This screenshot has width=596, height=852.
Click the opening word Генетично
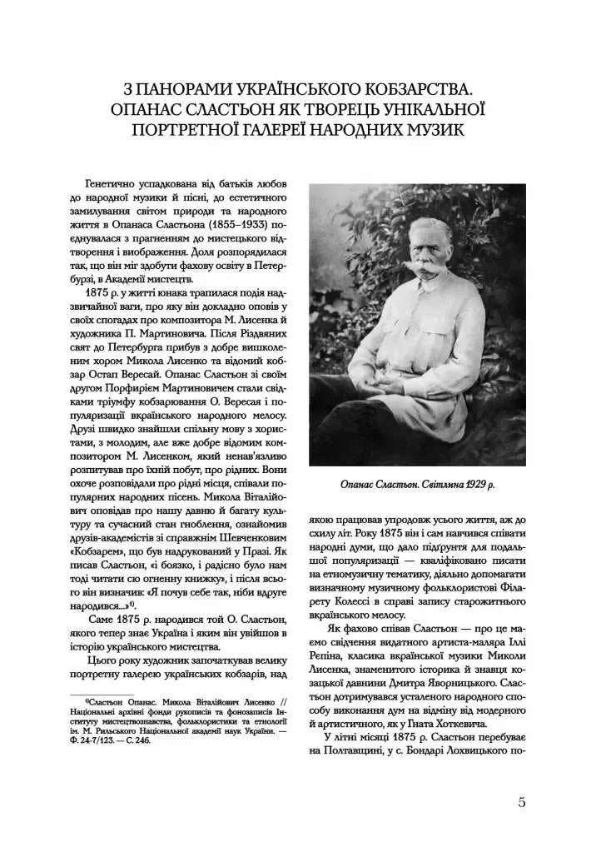point(114,181)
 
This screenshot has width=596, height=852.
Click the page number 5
point(522,803)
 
